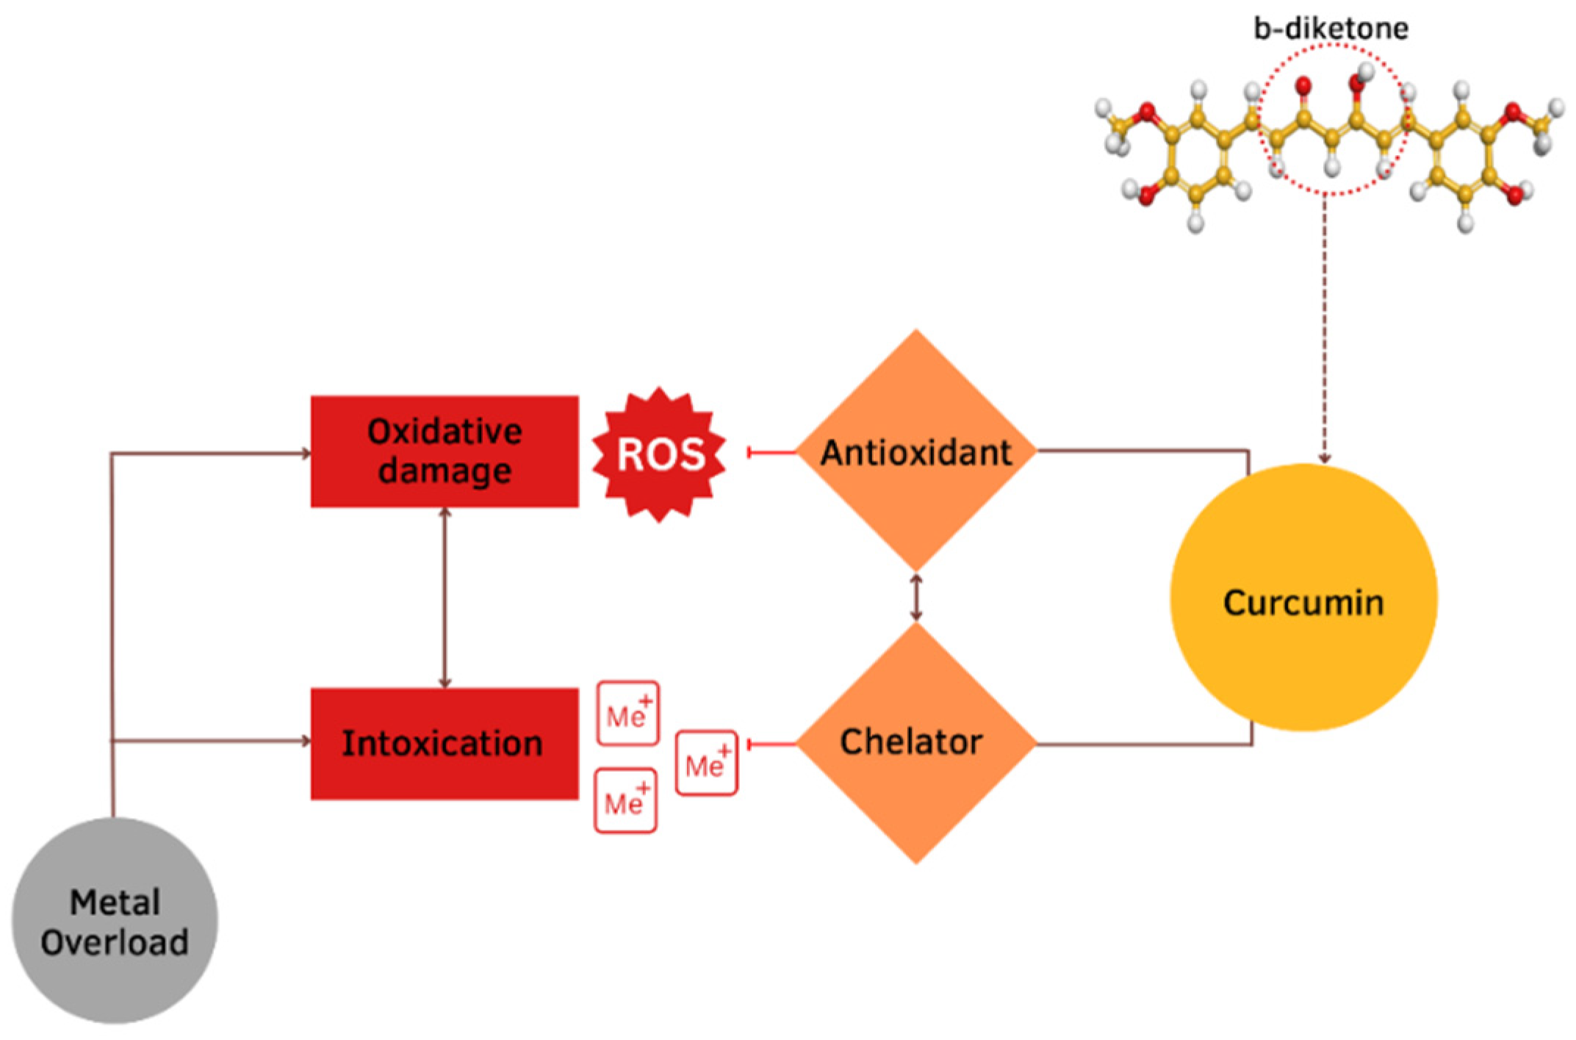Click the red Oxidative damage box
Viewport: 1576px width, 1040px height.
click(444, 451)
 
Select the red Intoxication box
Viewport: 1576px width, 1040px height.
click(444, 743)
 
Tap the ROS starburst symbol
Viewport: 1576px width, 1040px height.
click(659, 454)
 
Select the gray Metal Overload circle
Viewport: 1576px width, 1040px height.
click(115, 920)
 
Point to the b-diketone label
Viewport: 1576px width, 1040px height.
click(1331, 29)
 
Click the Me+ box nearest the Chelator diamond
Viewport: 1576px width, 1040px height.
click(706, 763)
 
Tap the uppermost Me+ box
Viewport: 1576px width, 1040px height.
click(627, 713)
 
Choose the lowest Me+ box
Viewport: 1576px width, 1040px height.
click(625, 800)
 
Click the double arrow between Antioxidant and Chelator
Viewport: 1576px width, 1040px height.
click(915, 597)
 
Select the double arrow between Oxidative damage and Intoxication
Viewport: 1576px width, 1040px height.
click(444, 597)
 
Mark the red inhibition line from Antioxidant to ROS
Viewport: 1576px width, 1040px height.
click(771, 451)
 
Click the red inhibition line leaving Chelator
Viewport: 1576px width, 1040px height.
click(771, 745)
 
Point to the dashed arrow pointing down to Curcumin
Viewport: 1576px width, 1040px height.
click(1325, 331)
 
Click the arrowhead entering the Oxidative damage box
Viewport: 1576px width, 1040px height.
click(306, 453)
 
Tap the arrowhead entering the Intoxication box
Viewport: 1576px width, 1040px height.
click(306, 740)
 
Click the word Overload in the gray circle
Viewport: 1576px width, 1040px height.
click(115, 942)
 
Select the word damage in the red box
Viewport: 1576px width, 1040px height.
click(445, 470)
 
